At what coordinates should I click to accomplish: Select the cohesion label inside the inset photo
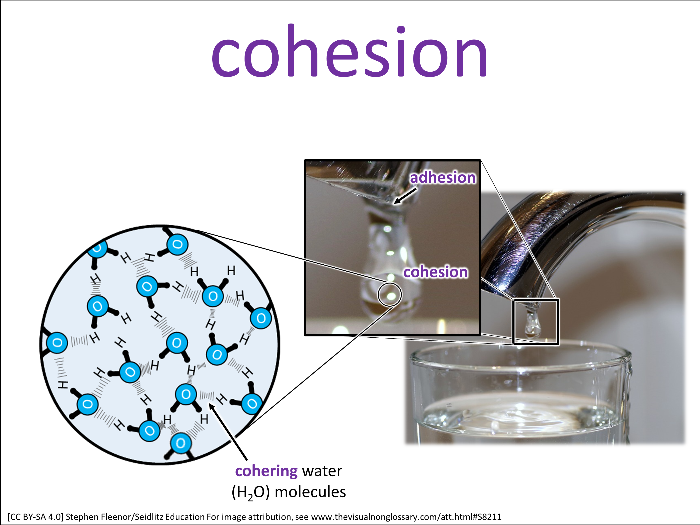tap(435, 272)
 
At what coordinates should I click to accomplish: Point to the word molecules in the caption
tap(310, 492)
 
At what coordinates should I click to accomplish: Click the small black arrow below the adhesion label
tap(405, 196)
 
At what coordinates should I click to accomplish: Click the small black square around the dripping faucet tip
tap(513, 322)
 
